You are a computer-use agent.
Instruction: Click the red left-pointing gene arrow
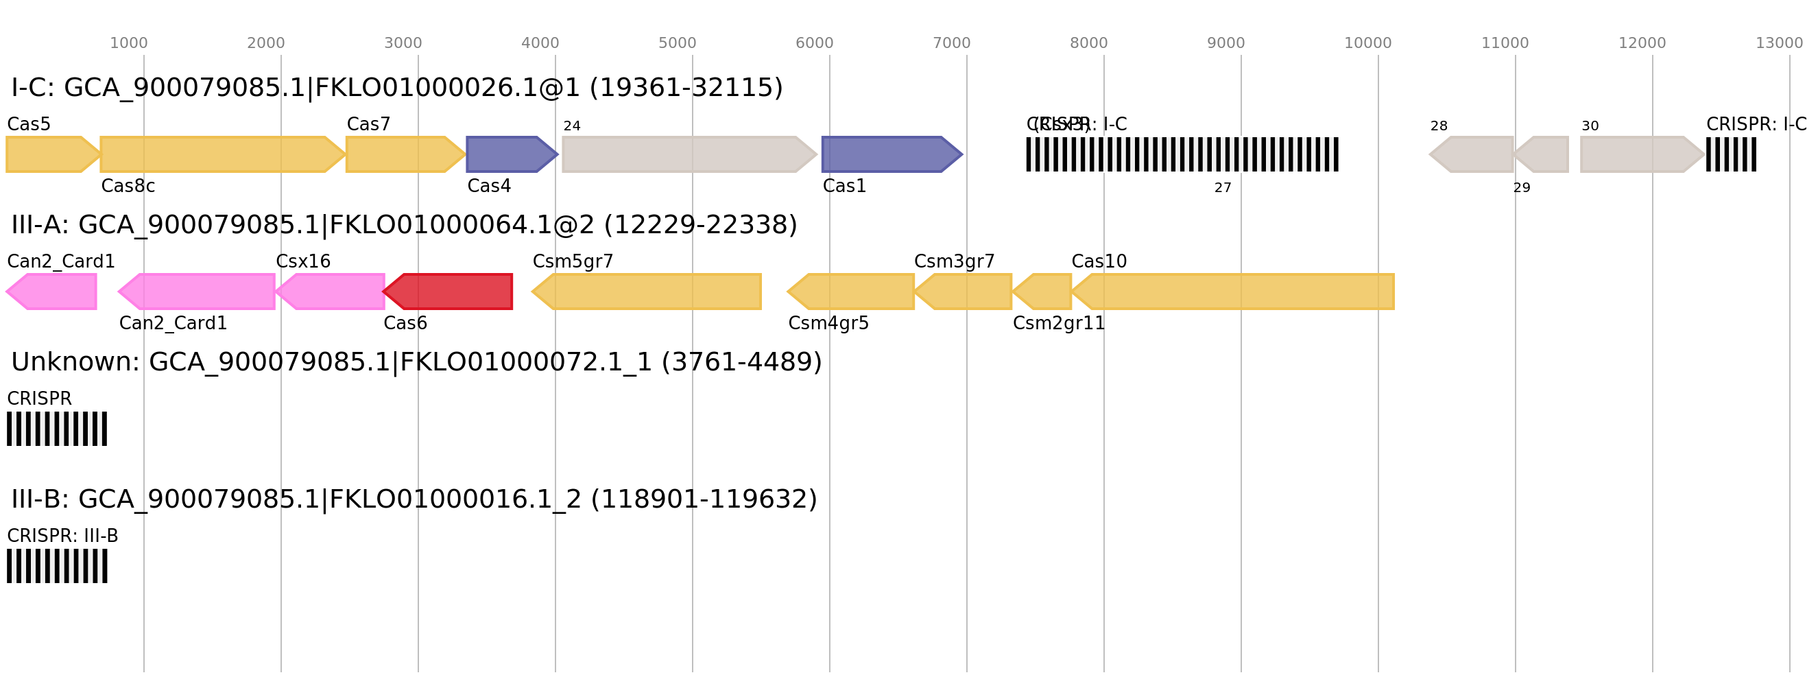[449, 292]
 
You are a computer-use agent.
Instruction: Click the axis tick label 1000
[128, 44]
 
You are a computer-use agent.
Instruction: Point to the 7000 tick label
[951, 44]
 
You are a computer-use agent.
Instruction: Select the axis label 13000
[1778, 44]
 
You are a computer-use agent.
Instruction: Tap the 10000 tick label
[1367, 44]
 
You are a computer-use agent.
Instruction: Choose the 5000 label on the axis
[677, 44]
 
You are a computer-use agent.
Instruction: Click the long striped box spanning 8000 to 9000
[1182, 154]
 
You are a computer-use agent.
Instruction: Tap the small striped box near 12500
[1731, 154]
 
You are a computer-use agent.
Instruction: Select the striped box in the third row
[57, 428]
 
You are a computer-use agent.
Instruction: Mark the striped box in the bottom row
[57, 566]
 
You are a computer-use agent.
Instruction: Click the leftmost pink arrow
[52, 292]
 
